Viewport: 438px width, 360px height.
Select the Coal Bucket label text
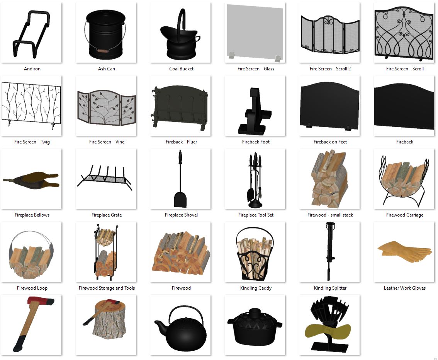coord(181,69)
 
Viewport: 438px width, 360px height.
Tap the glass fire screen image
coord(255,33)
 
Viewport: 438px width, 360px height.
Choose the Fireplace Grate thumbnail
coord(105,177)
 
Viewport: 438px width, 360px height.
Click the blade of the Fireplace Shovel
coord(180,199)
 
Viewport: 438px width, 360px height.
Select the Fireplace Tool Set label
coord(256,215)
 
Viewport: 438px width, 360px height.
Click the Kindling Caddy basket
coord(255,254)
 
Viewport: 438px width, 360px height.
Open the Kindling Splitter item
coord(330,251)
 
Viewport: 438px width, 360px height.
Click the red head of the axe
coord(41,301)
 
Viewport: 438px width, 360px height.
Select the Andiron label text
coord(32,69)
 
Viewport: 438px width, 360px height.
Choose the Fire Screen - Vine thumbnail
coord(106,107)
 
